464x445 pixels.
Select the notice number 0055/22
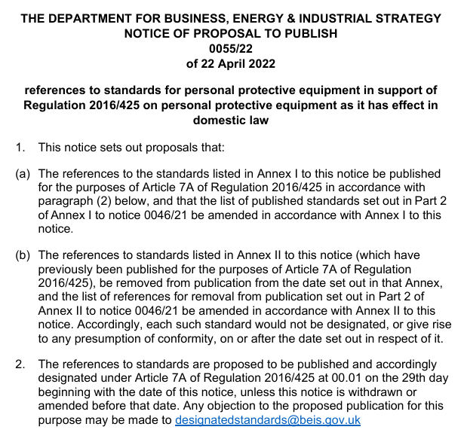click(232, 49)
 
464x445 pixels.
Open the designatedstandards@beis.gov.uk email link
click(268, 420)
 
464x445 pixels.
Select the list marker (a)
click(23, 174)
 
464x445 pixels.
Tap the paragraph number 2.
click(21, 364)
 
